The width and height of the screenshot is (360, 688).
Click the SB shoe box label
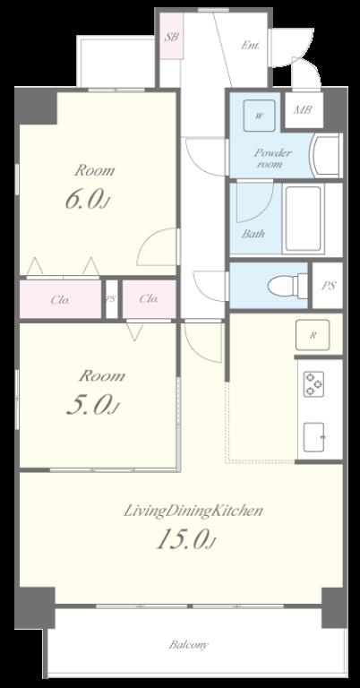171,37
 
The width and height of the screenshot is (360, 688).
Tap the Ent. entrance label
250,45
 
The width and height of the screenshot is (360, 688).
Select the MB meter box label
303,109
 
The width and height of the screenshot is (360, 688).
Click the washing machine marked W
259,116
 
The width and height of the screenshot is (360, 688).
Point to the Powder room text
273,159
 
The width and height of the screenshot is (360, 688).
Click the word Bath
253,234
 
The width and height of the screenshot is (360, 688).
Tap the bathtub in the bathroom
304,219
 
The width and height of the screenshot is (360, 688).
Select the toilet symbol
288,285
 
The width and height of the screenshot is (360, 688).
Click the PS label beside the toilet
329,286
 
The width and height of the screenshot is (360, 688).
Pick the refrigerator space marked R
313,335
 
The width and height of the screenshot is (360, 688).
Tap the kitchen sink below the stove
314,437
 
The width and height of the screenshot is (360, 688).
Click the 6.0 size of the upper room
86,199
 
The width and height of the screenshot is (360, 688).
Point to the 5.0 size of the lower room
91,407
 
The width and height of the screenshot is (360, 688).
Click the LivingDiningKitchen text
193,511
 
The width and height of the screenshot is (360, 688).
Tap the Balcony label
189,645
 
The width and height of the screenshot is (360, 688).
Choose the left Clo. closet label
60,300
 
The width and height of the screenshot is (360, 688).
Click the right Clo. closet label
149,299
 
